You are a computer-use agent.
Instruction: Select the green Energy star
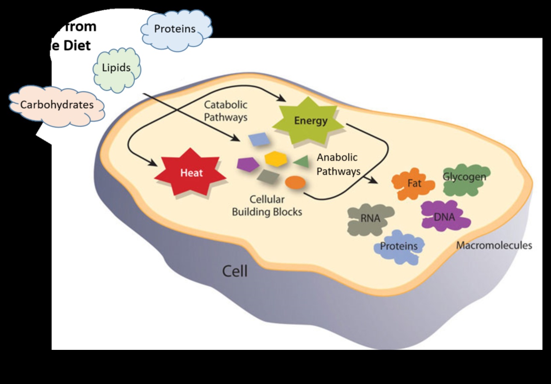point(310,121)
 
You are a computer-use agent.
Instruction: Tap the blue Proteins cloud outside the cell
point(175,29)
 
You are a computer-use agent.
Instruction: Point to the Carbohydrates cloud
point(57,105)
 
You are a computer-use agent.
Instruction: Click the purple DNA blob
point(444,217)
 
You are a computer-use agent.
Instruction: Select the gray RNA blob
point(370,219)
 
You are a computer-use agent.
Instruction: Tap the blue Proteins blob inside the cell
point(399,246)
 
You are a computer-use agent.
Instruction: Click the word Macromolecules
point(494,245)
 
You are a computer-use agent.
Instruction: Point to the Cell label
point(235,271)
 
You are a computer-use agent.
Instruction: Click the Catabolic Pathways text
point(225,111)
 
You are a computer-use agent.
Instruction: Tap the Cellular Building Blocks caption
point(267,206)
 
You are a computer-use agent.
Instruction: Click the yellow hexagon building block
point(275,159)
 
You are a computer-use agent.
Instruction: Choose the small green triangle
point(302,161)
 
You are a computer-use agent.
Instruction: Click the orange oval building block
point(295,183)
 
